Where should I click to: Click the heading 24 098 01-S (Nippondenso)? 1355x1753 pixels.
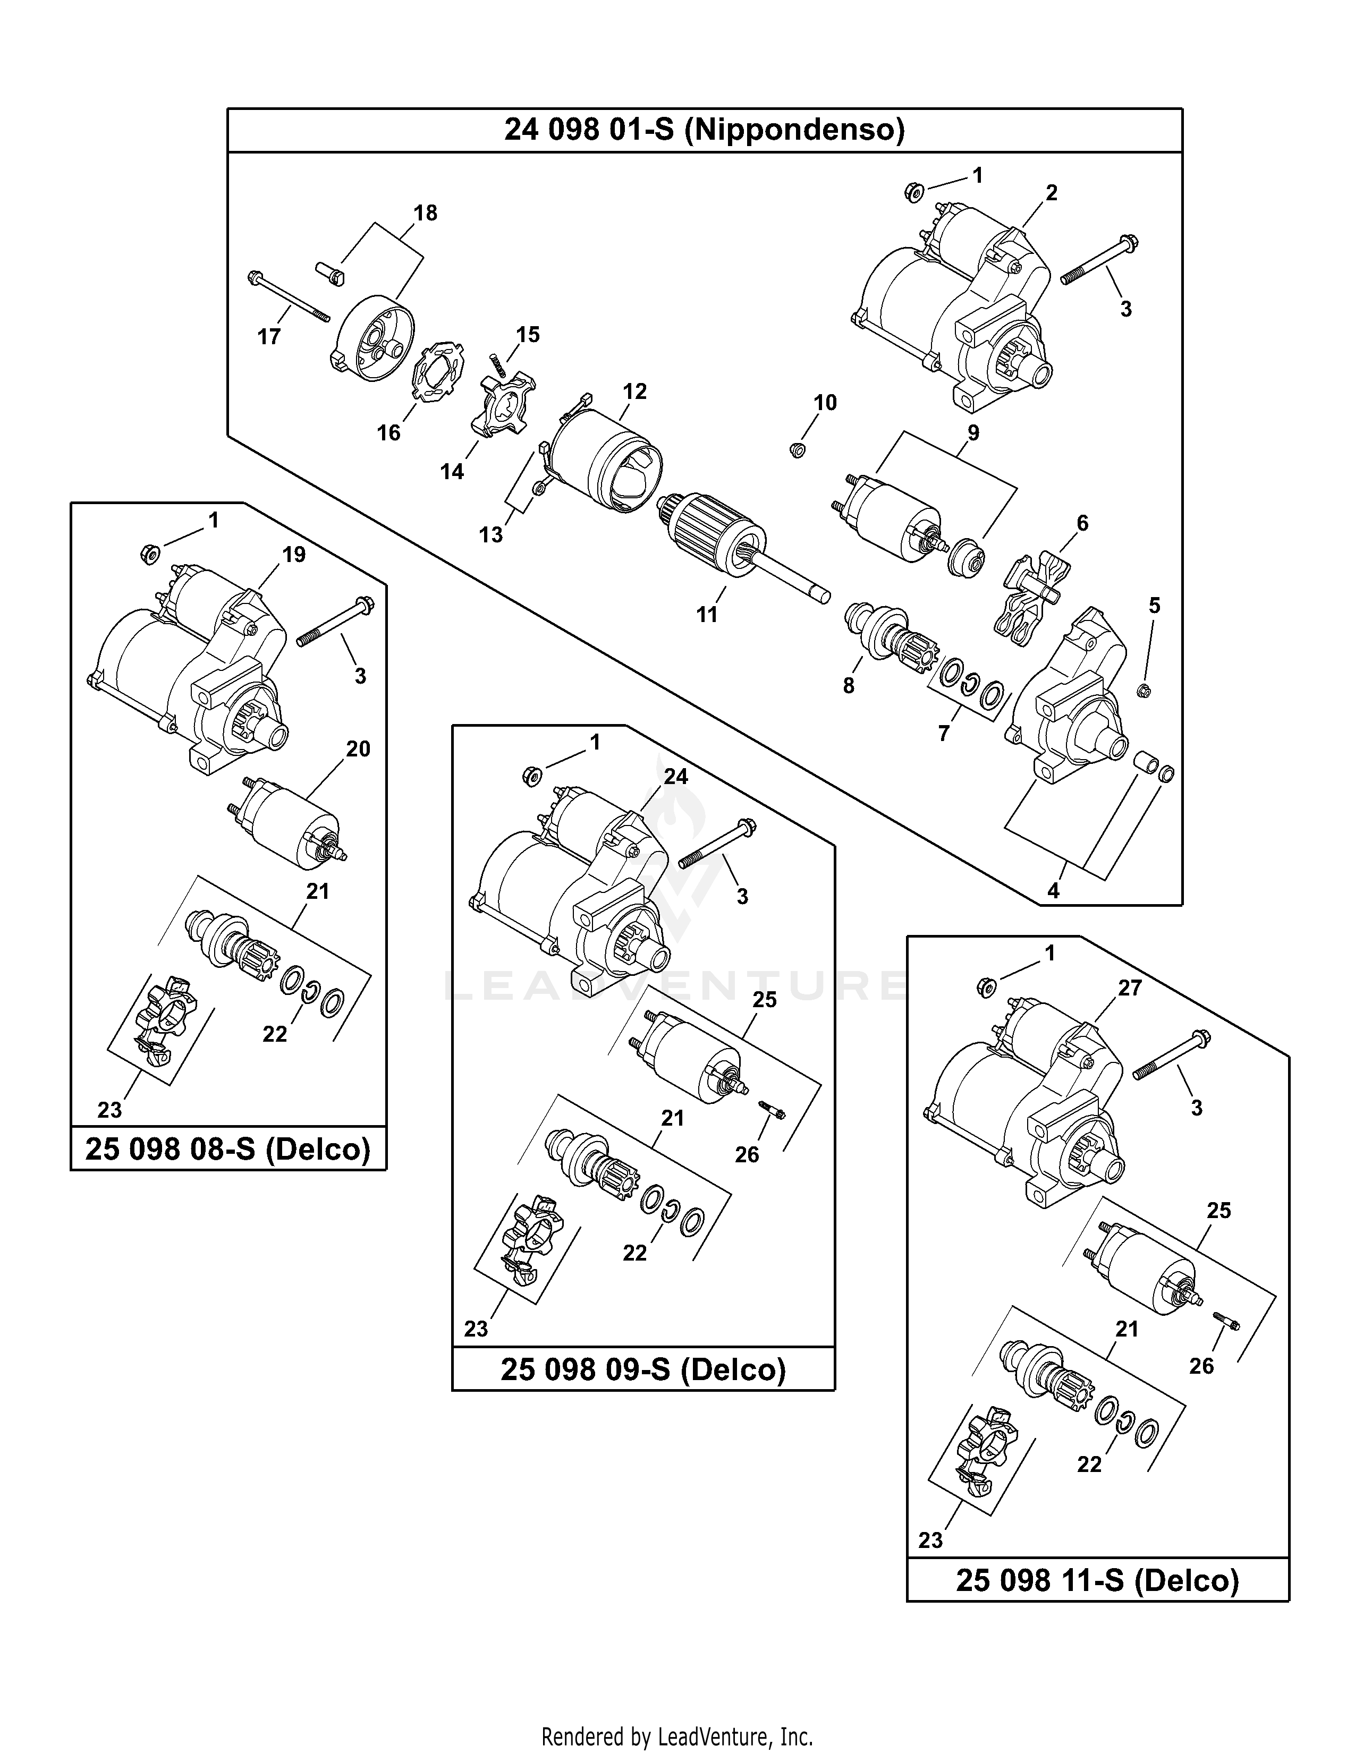pos(704,129)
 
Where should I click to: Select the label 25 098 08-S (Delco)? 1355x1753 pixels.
pos(228,1150)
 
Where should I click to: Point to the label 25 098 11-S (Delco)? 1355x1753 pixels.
pos(1097,1580)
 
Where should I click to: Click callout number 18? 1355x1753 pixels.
pos(426,212)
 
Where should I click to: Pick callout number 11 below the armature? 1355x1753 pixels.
pos(706,614)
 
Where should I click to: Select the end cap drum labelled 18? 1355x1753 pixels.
pos(374,337)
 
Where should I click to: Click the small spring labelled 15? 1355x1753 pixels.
pos(498,365)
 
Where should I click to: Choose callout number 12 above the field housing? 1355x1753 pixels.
pos(634,392)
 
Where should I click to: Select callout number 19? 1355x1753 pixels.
pos(294,555)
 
